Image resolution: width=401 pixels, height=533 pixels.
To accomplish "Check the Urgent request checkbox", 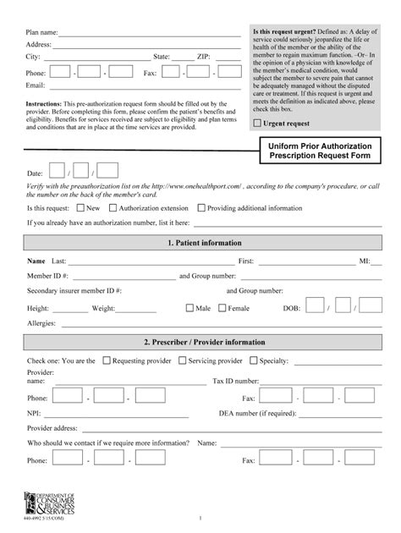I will [258, 124].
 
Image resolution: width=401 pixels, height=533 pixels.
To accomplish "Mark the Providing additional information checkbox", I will [202, 207].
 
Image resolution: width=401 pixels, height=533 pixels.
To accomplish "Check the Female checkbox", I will [222, 309].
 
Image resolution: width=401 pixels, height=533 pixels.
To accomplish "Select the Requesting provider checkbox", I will [107, 360].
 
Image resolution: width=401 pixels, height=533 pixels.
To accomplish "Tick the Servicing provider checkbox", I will [183, 360].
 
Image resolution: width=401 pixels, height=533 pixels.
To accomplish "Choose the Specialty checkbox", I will [253, 360].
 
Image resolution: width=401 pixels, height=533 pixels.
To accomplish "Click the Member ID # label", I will [47, 276].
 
